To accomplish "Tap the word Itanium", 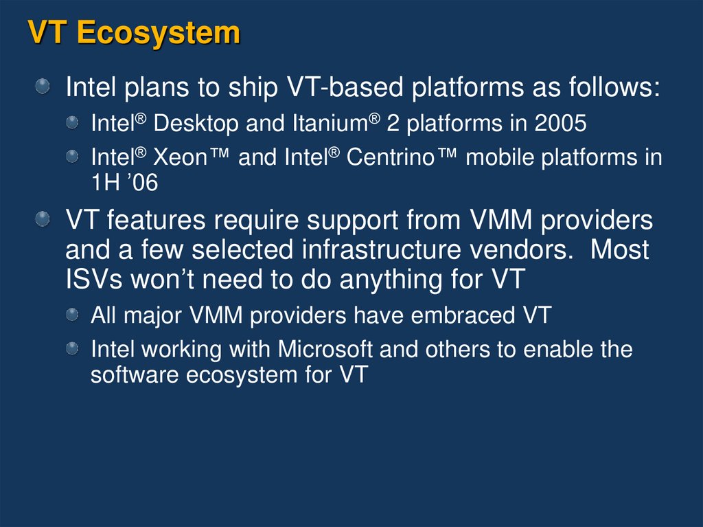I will pyautogui.click(x=330, y=124).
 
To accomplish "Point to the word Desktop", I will pyautogui.click(x=196, y=124).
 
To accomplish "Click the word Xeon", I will pyautogui.click(x=179, y=157).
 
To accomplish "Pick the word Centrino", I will pyautogui.click(x=399, y=157).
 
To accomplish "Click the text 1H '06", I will pyautogui.click(x=124, y=182).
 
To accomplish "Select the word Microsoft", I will pyautogui.click(x=325, y=349).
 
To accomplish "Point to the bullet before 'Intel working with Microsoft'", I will pyautogui.click(x=73, y=348).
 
